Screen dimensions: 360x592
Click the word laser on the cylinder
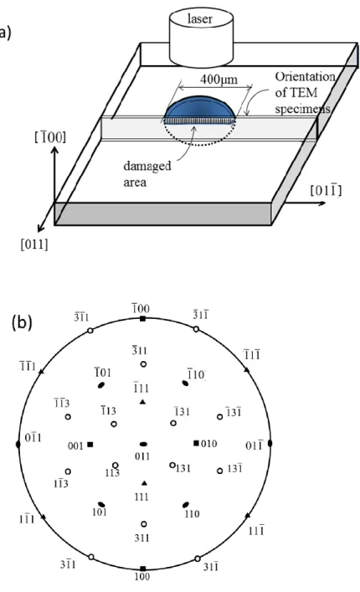point(199,19)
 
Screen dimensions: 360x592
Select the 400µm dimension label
point(219,80)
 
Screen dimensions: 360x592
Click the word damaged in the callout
point(147,167)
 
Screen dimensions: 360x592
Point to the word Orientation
point(305,77)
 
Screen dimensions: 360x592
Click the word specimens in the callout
point(302,109)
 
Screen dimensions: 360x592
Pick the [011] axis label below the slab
point(34,245)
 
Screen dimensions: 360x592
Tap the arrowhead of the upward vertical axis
point(54,150)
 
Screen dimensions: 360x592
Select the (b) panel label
point(22,323)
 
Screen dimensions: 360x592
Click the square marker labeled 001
point(90,445)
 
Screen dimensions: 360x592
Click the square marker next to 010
point(196,443)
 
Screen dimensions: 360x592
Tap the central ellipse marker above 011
point(143,445)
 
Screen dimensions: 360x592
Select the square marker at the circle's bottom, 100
point(142,569)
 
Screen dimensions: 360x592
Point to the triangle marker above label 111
point(144,483)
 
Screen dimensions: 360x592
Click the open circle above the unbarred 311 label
point(144,524)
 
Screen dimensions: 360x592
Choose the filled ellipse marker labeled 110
point(185,505)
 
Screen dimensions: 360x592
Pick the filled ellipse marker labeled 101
point(101,504)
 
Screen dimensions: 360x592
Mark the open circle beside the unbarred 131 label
point(172,466)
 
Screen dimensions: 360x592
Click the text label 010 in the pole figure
point(209,444)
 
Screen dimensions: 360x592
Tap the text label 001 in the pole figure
point(75,446)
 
